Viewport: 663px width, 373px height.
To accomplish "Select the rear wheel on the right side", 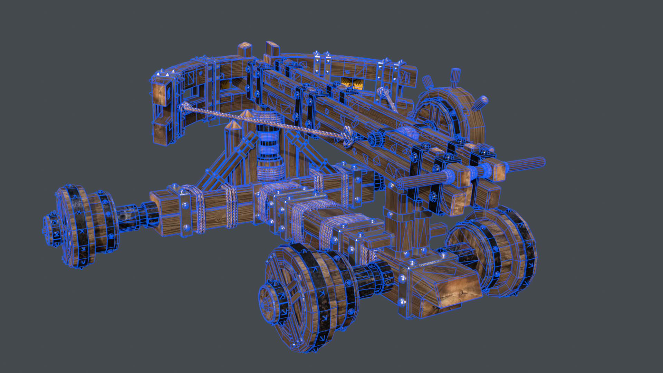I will (497, 250).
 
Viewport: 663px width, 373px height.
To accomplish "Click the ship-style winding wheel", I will (449, 114).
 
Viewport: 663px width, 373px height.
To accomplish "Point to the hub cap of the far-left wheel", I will (52, 228).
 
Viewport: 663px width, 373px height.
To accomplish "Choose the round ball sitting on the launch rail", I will (407, 133).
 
